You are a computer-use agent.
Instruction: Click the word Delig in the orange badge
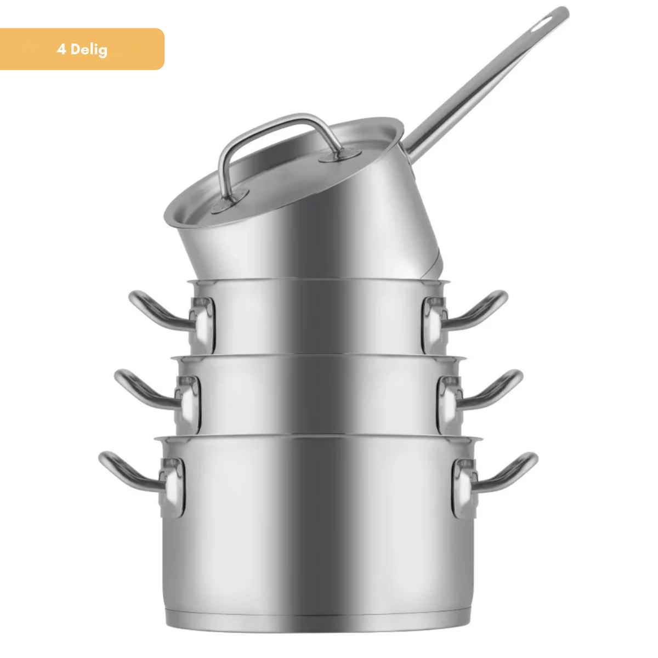click(89, 50)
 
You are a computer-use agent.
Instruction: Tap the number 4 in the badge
click(61, 49)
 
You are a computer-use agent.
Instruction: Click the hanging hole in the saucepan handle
click(543, 24)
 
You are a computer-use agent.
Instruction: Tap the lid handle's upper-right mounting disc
click(340, 155)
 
